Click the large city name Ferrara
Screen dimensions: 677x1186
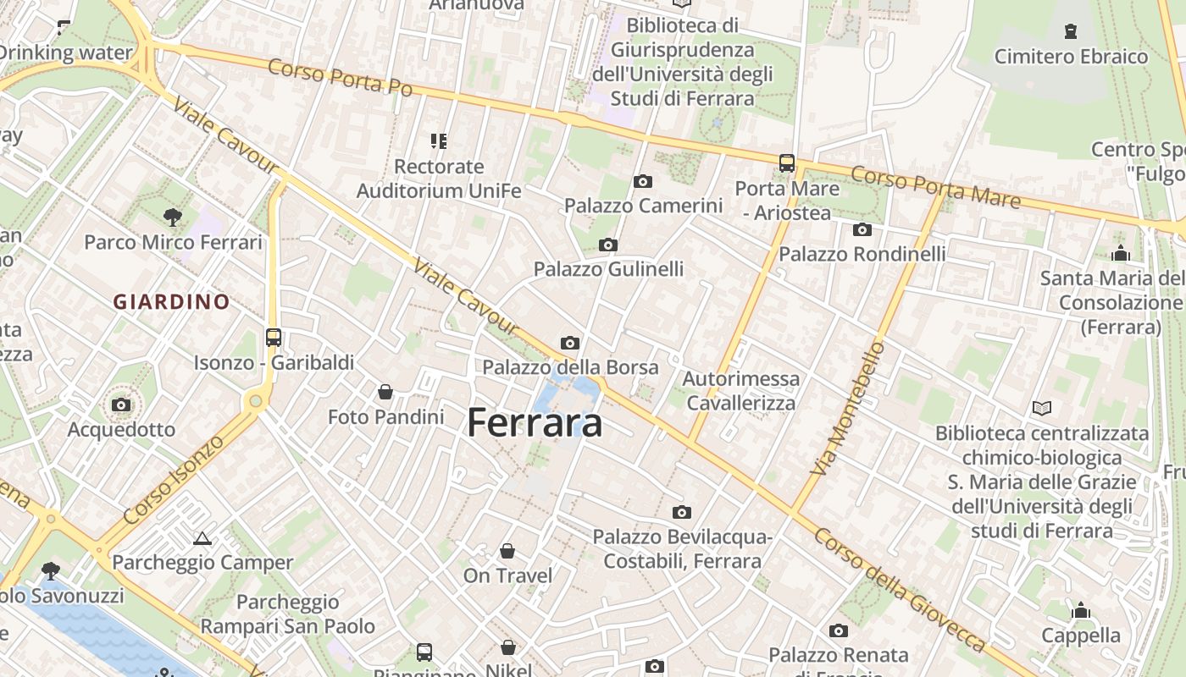pyautogui.click(x=535, y=422)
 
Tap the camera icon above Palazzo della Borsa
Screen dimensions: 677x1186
pyautogui.click(x=570, y=343)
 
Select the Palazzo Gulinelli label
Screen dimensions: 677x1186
pyautogui.click(x=608, y=269)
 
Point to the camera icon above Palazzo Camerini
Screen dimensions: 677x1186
pyautogui.click(x=643, y=181)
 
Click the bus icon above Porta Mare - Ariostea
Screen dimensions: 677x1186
pyautogui.click(x=787, y=162)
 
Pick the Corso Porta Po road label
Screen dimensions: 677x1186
pyautogui.click(x=340, y=77)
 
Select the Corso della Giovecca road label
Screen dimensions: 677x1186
pyautogui.click(x=899, y=590)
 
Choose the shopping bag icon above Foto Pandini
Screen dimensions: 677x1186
pyautogui.click(x=385, y=392)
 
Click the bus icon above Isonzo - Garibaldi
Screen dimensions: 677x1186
pyautogui.click(x=273, y=338)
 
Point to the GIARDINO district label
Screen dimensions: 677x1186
pyautogui.click(x=172, y=301)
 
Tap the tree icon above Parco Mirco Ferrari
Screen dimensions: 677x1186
pyautogui.click(x=173, y=217)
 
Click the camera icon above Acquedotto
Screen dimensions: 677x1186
pyautogui.click(x=121, y=405)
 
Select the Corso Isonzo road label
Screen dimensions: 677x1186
pyautogui.click(x=174, y=479)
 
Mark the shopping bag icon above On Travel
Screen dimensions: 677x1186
pyautogui.click(x=507, y=552)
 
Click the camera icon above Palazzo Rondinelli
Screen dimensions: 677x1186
pyautogui.click(x=862, y=229)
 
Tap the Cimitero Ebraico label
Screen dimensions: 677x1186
pyautogui.click(x=1071, y=57)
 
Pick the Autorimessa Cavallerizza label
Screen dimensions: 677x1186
pyautogui.click(x=741, y=390)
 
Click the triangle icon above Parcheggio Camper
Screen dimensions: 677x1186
pyautogui.click(x=202, y=538)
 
